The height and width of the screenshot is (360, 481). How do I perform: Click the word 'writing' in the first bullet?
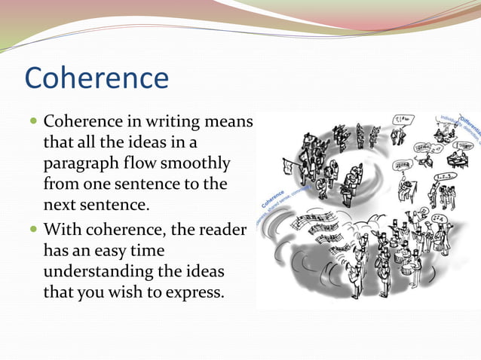tap(179, 121)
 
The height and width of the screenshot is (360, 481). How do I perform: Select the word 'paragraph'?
tap(84, 164)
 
